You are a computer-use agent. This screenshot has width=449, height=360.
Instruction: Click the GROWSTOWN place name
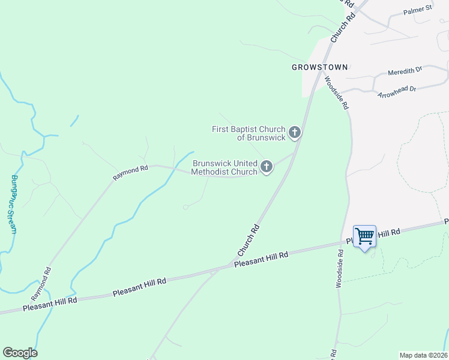coord(319,67)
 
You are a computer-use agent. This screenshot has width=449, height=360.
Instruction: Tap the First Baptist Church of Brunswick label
coord(249,133)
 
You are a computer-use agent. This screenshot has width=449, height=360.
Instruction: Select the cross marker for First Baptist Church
coord(294,131)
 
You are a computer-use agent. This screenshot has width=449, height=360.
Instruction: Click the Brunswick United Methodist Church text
coord(224,167)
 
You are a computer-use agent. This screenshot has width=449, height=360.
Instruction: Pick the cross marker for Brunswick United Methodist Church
coord(266,166)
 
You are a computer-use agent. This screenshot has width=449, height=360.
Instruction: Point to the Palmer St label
coord(418,10)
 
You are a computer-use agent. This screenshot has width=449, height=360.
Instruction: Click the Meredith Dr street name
coord(405,71)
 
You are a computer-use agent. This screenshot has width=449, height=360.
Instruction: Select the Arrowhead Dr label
coord(397,92)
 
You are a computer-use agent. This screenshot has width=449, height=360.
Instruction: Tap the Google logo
coord(20,353)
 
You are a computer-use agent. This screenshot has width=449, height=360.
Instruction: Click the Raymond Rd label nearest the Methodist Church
coord(131,173)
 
